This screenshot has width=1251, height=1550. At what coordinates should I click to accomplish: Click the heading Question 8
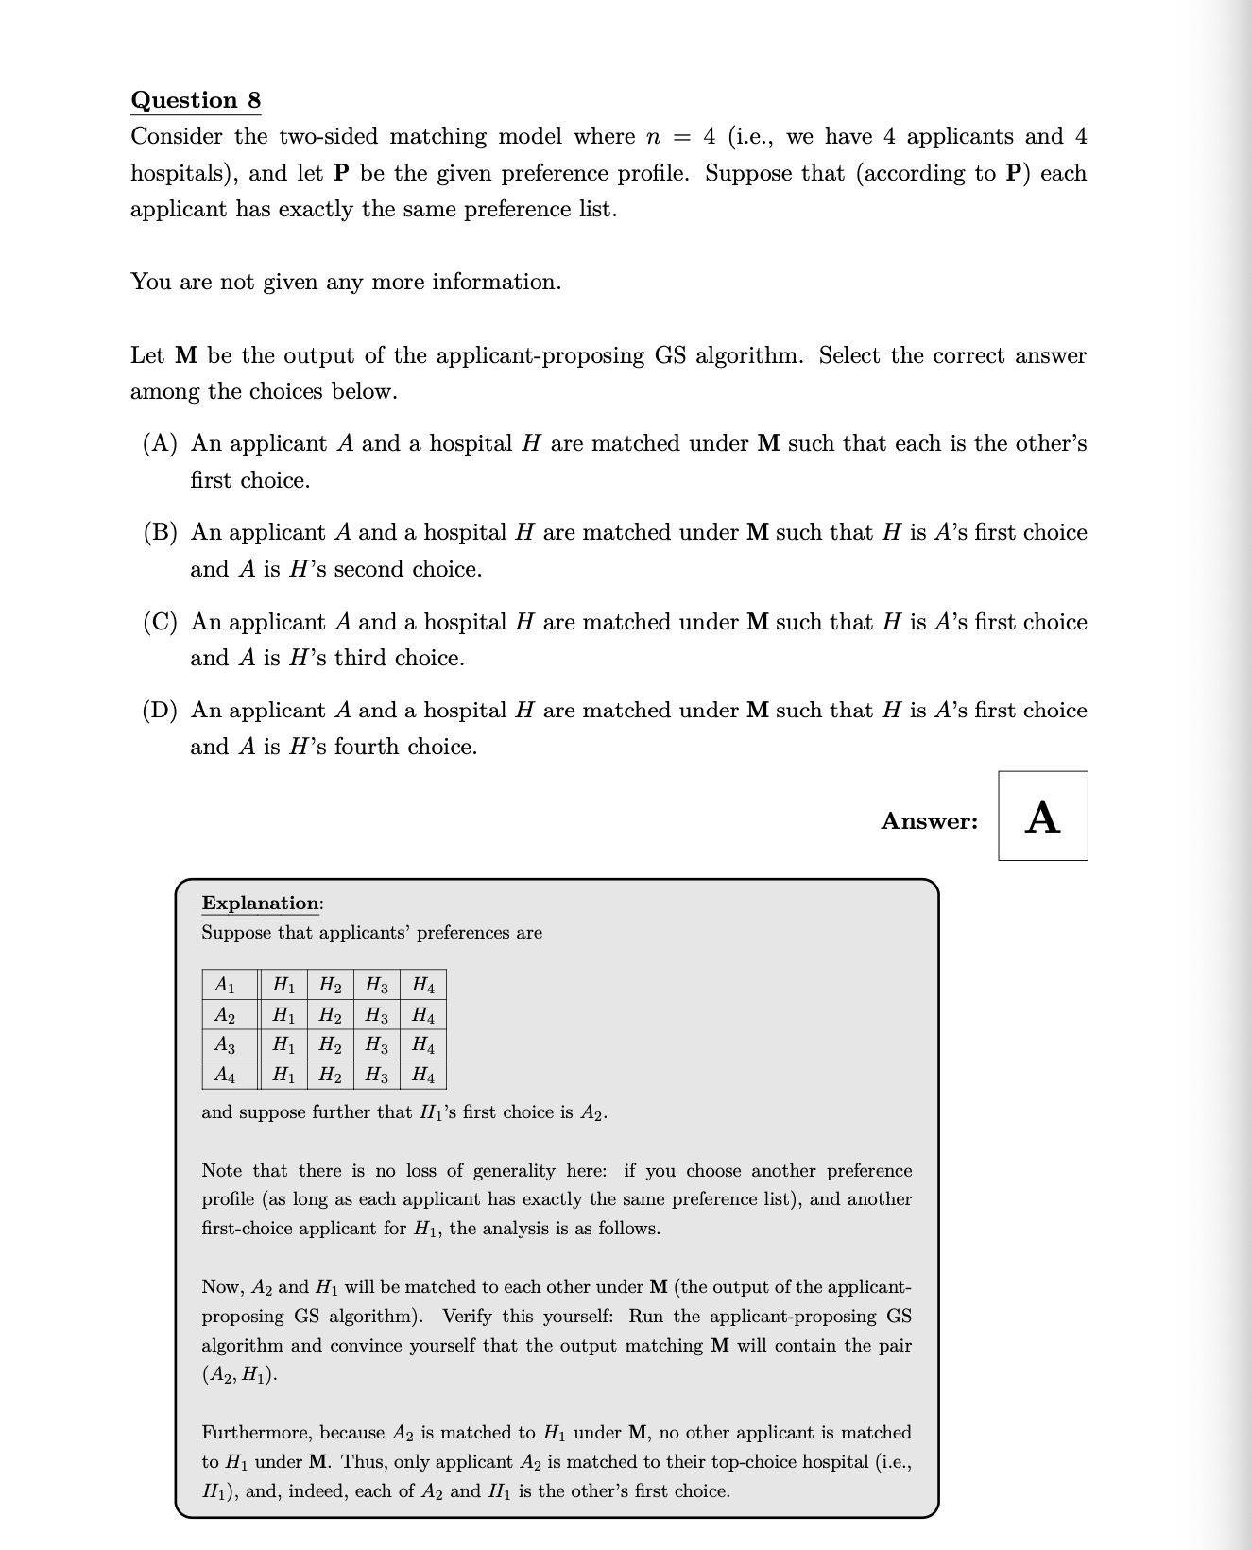click(x=196, y=100)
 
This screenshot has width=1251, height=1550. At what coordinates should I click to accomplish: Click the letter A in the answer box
click(x=1042, y=818)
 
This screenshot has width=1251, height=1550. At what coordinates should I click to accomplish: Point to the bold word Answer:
click(x=929, y=821)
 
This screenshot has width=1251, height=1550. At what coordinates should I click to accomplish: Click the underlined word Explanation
click(x=261, y=903)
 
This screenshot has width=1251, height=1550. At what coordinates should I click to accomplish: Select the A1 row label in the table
click(x=225, y=985)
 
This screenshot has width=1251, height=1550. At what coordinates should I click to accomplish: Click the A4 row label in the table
click(x=225, y=1075)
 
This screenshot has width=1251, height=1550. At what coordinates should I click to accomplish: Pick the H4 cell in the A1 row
click(x=423, y=985)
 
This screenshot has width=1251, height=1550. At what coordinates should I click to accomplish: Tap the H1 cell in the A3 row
click(x=283, y=1045)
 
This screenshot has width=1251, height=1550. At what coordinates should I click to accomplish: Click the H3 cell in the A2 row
click(x=376, y=1016)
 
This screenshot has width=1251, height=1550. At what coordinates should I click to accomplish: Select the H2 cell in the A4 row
click(x=330, y=1075)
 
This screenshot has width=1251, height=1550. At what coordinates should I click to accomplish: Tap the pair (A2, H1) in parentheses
click(x=239, y=1375)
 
